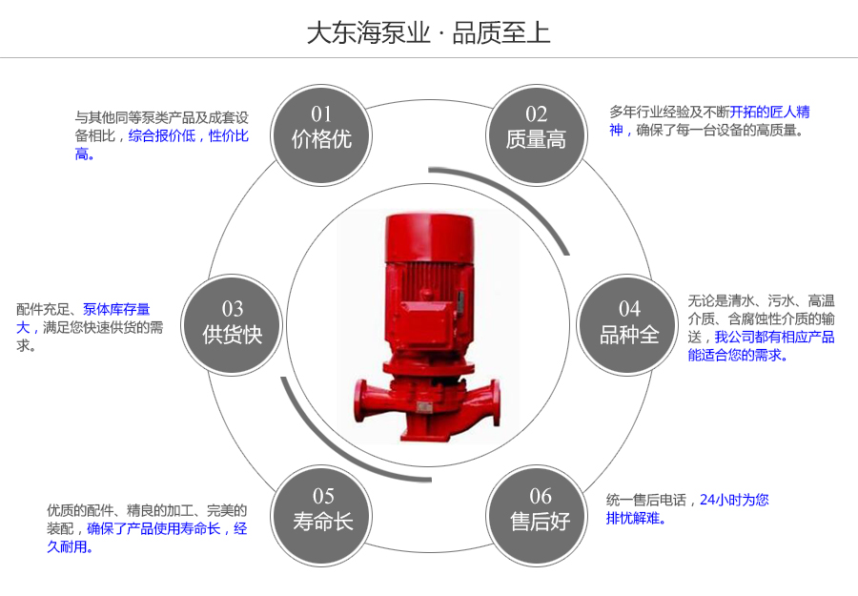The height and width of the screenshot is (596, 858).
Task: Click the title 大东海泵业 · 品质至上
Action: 428,32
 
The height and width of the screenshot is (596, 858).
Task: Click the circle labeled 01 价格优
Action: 321,129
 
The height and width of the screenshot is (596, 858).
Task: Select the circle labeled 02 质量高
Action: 536,129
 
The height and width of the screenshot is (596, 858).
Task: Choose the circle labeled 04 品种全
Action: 629,323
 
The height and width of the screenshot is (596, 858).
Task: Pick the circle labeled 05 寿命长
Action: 322,509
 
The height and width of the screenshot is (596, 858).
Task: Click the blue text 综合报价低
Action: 161,135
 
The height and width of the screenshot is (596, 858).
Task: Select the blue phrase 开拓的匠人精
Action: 769,112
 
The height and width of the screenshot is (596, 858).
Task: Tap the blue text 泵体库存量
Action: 116,309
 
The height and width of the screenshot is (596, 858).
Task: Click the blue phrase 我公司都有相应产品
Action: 774,337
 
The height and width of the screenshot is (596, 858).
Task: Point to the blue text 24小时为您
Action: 734,500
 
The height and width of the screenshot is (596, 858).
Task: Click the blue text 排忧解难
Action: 636,519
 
